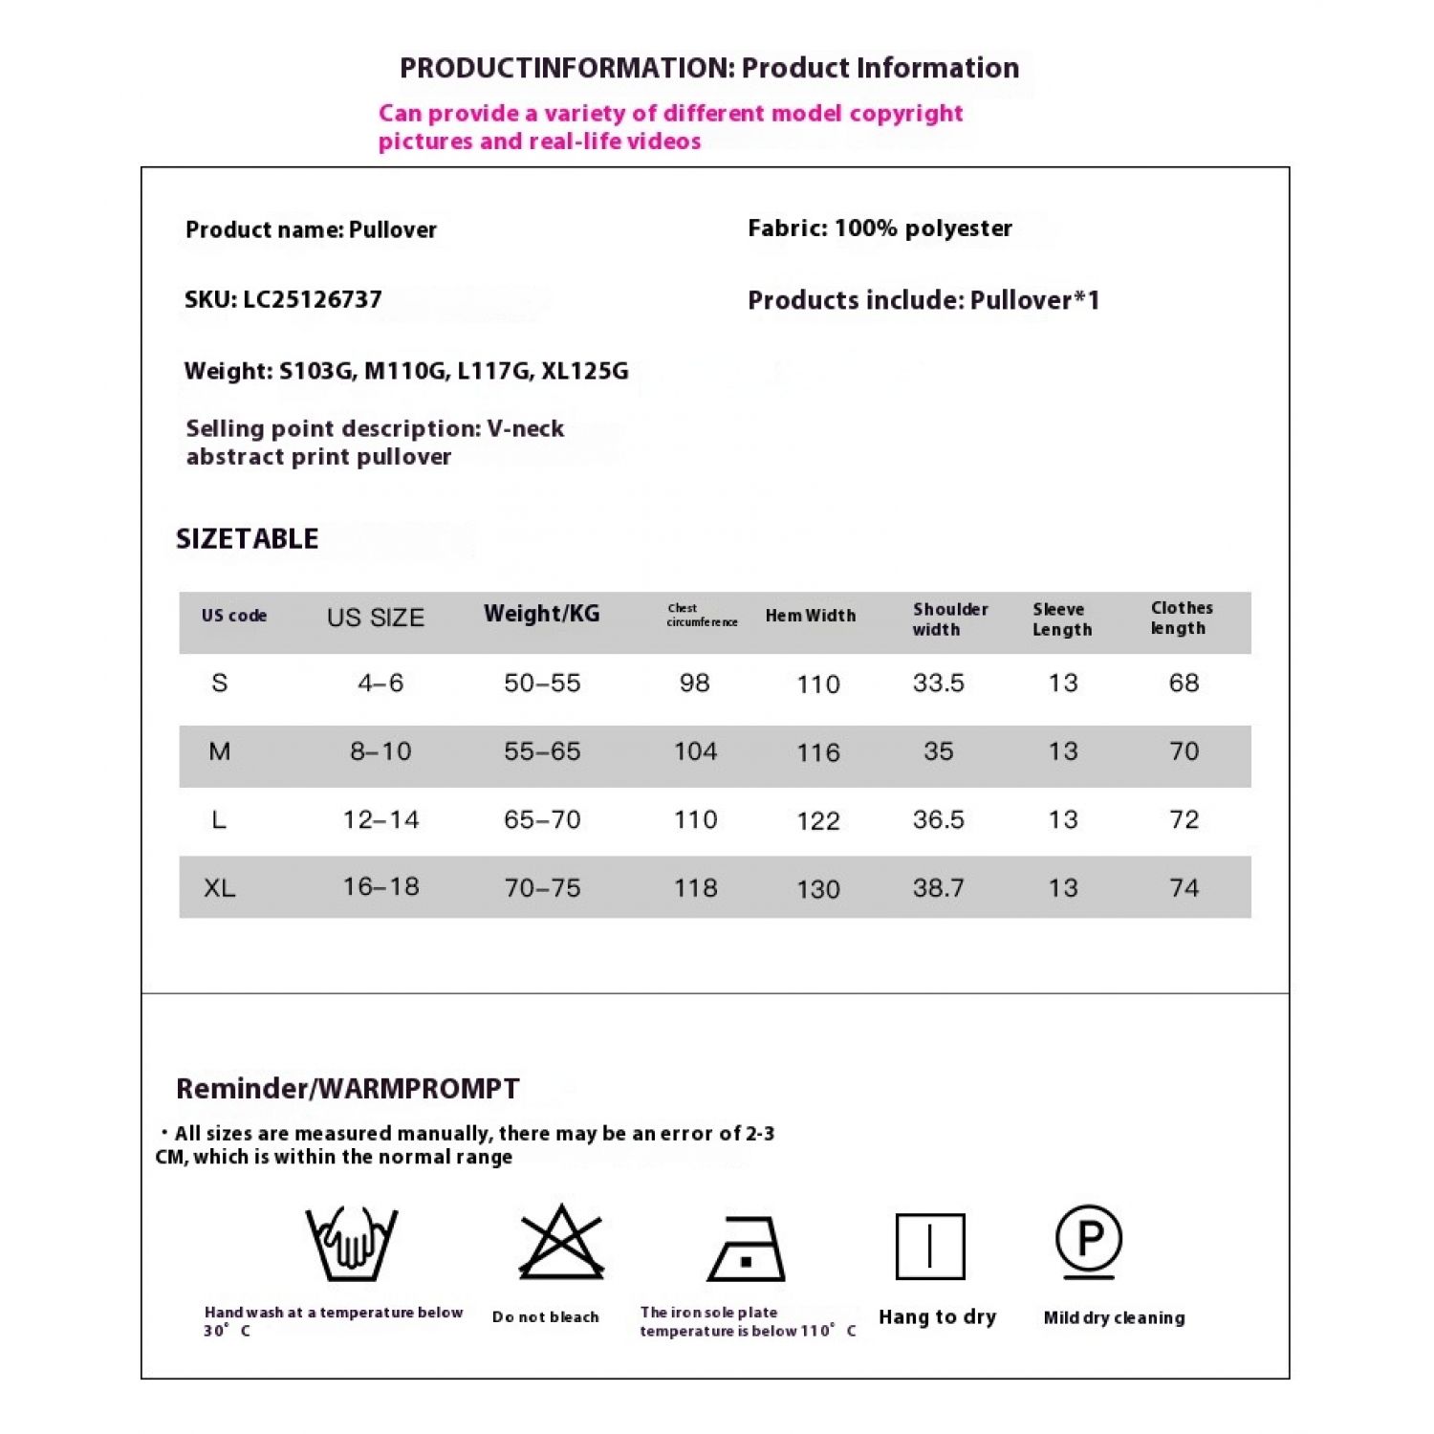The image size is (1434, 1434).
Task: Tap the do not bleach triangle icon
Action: click(x=561, y=1243)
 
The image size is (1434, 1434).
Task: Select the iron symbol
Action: click(x=747, y=1249)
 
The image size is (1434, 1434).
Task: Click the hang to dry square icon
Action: click(x=930, y=1247)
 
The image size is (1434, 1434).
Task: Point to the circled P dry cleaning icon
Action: click(x=1089, y=1240)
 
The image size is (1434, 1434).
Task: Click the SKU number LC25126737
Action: click(x=312, y=300)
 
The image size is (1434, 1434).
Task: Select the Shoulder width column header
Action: click(x=949, y=619)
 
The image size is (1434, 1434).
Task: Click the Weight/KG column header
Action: click(x=542, y=614)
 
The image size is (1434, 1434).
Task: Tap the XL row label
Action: click(x=219, y=888)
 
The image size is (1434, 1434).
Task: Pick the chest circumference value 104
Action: click(x=695, y=752)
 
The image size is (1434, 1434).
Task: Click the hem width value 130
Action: click(x=818, y=890)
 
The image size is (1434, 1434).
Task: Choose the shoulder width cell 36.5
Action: click(x=938, y=820)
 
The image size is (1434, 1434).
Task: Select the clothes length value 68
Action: click(x=1184, y=684)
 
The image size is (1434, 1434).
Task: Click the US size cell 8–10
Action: click(x=380, y=752)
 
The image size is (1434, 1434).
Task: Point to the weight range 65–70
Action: click(x=542, y=820)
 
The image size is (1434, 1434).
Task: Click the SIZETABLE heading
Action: click(x=247, y=539)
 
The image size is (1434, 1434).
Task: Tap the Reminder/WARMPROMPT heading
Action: click(x=348, y=1089)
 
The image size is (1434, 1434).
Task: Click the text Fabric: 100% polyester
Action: click(x=880, y=228)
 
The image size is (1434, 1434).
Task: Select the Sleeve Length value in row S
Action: click(x=1063, y=684)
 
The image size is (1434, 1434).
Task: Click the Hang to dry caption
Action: click(x=937, y=1317)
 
